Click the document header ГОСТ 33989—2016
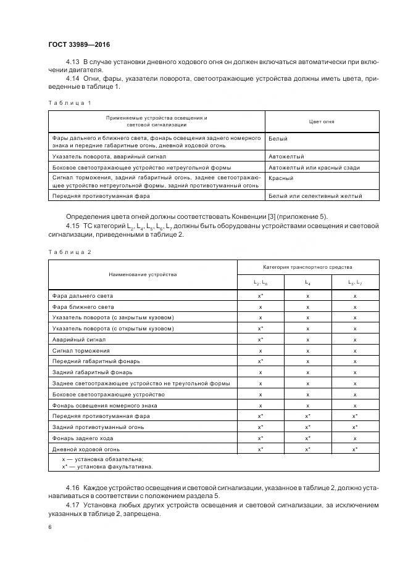(x=79, y=44)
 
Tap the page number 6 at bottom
(x=50, y=528)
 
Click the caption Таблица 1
(x=69, y=102)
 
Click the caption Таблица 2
(x=69, y=252)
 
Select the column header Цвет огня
(x=322, y=121)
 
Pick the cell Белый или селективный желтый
(x=315, y=196)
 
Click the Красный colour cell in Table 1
(x=281, y=178)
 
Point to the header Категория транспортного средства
(x=307, y=268)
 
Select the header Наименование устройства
(x=143, y=274)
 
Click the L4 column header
(x=307, y=282)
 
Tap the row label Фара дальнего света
(x=83, y=296)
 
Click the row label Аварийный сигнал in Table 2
(x=80, y=340)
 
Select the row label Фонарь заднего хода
(x=83, y=438)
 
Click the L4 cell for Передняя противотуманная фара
(x=307, y=417)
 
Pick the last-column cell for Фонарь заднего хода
(x=355, y=438)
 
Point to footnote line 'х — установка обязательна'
(x=102, y=459)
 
